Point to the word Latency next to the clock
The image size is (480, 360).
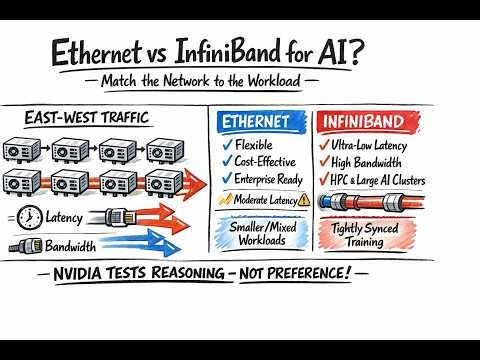click(66, 218)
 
